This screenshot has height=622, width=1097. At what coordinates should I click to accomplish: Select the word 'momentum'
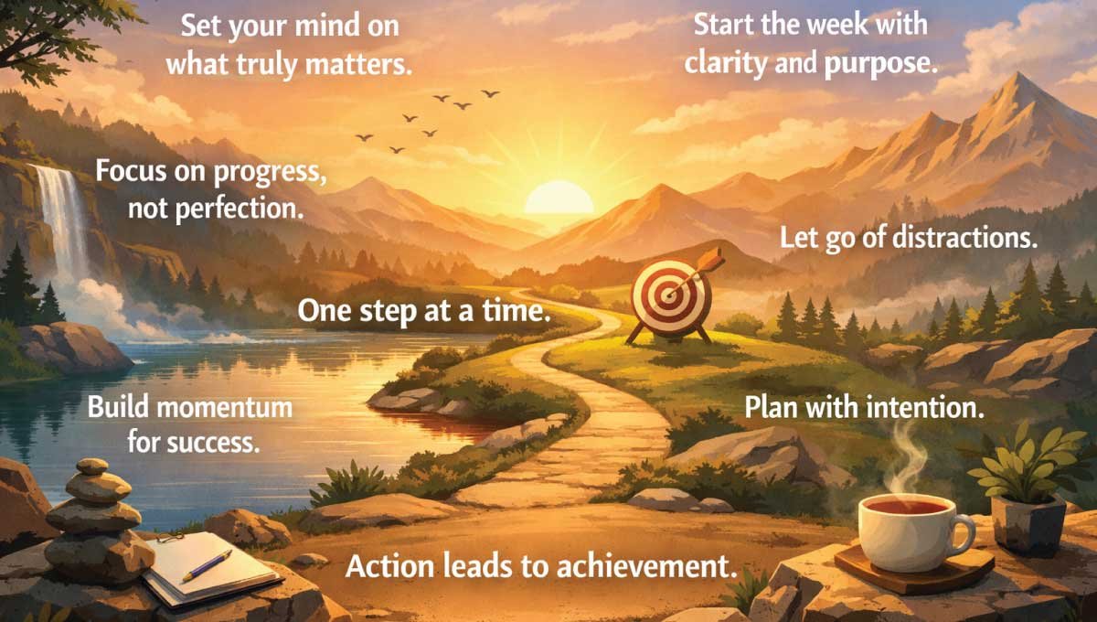pyautogui.click(x=236, y=407)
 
